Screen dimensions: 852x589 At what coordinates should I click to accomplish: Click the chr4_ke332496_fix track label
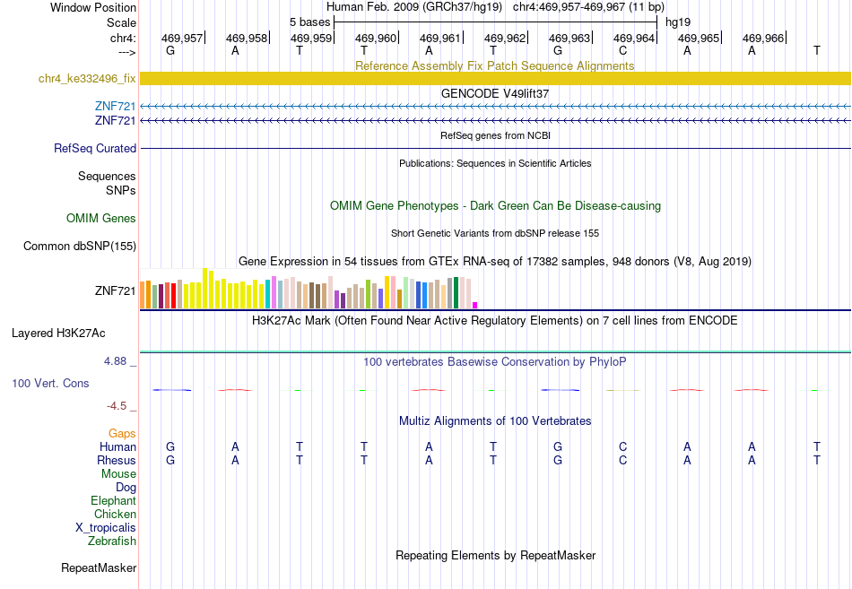[x=87, y=79]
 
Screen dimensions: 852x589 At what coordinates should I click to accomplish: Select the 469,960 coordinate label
[x=376, y=38]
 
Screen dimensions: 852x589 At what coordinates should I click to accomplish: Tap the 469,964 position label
[x=633, y=38]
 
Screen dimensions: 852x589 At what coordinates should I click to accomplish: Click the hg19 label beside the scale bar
[x=678, y=22]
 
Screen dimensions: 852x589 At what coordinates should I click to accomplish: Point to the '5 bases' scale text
[x=309, y=22]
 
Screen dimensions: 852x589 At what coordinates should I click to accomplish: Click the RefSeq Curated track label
[x=95, y=148]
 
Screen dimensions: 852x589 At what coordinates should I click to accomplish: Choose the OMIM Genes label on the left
[x=101, y=219]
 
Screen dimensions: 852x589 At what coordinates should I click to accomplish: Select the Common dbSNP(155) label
[x=80, y=247]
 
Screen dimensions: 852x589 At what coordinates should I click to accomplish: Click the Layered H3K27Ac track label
[x=58, y=333]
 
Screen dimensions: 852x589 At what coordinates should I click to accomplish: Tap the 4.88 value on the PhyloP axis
[x=115, y=361]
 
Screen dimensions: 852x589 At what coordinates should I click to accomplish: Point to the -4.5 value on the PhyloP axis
[x=117, y=406]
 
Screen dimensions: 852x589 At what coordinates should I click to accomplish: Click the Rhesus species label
[x=117, y=460]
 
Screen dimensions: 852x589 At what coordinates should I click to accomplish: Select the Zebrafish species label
[x=112, y=541]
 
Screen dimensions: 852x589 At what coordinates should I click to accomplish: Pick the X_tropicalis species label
[x=106, y=528]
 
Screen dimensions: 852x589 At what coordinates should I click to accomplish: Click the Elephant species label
[x=114, y=501]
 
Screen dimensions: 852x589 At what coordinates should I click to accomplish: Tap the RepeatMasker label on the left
[x=99, y=567]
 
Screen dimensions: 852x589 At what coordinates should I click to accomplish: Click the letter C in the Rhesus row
[x=622, y=460]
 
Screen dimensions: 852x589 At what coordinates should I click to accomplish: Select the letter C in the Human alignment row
[x=622, y=446]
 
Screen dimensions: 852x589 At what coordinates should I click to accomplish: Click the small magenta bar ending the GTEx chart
[x=475, y=306]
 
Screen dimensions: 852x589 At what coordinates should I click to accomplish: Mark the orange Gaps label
[x=122, y=434]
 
